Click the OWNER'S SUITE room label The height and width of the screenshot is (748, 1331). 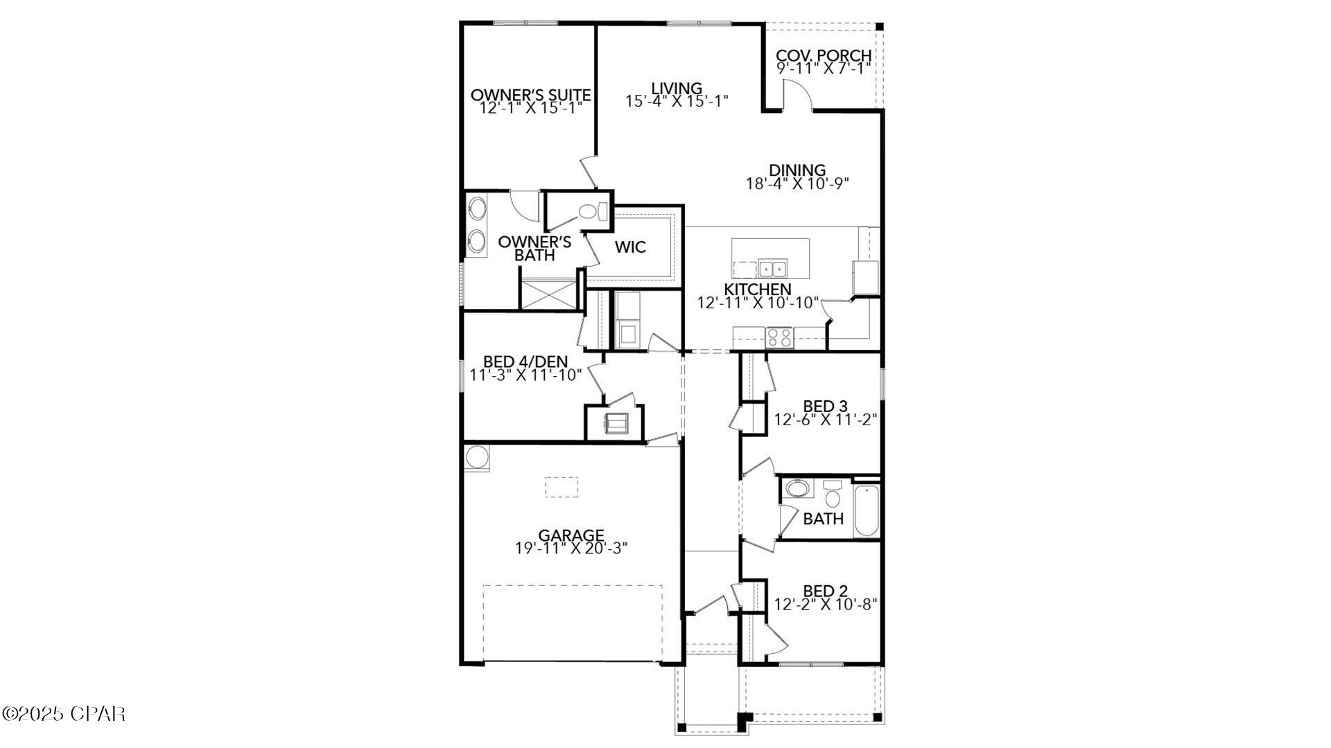coord(530,95)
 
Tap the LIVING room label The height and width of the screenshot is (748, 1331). coord(677,88)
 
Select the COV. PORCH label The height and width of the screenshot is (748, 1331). coord(824,55)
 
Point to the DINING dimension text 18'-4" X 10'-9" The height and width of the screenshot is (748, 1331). coord(797,184)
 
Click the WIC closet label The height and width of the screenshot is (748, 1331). coord(630,247)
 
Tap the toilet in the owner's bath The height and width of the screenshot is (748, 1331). coord(590,211)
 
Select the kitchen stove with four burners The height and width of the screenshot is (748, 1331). coord(779,337)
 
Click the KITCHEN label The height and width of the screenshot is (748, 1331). coord(758,289)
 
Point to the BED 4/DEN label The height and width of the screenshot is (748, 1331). coord(525,362)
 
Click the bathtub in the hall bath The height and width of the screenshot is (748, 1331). coord(867,510)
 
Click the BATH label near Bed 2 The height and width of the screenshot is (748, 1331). coord(824,519)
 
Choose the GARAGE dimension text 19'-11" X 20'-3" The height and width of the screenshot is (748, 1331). coord(571,548)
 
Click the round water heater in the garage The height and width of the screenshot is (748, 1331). coord(476,457)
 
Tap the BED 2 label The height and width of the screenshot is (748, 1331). coord(825,591)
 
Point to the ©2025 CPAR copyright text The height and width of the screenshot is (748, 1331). coord(64,713)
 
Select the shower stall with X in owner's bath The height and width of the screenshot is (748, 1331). coord(548,294)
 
